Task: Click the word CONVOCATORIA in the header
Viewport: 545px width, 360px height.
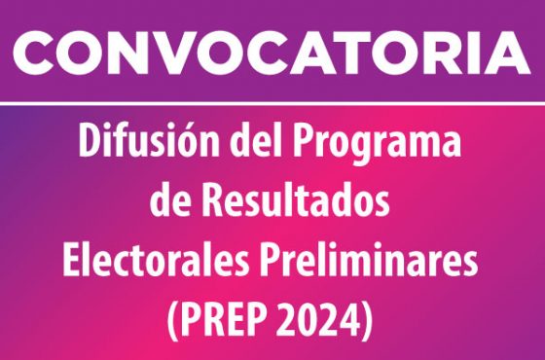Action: (272, 55)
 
